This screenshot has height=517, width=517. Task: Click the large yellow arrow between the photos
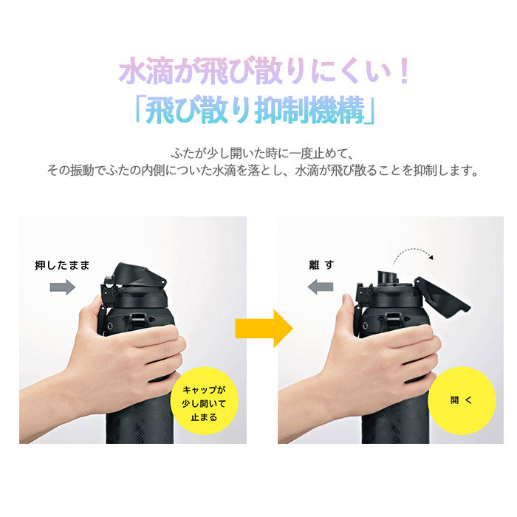(264, 329)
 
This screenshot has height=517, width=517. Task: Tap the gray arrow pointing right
(63, 287)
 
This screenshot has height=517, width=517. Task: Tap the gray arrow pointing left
(320, 287)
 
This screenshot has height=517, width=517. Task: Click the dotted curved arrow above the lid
(413, 253)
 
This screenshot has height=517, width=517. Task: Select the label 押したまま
(62, 265)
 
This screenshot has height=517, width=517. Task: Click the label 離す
(321, 264)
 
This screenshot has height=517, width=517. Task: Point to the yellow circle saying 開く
(462, 400)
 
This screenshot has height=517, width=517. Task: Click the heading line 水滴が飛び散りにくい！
(264, 71)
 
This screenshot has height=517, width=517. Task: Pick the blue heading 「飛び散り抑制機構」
(256, 110)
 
